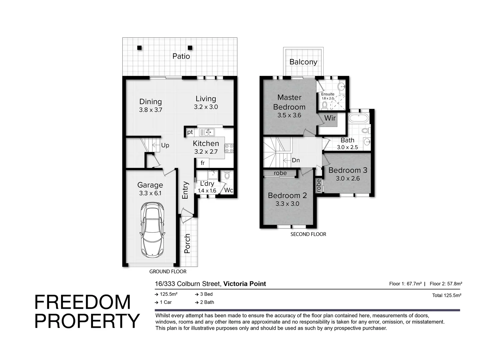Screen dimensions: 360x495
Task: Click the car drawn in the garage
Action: coord(152,230)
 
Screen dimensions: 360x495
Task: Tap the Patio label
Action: coord(181,56)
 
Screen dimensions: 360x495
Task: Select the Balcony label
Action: coord(303,62)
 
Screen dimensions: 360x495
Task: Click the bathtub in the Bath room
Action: coord(358,118)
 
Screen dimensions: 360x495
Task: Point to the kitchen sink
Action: coord(207,132)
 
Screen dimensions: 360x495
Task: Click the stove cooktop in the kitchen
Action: coord(229,148)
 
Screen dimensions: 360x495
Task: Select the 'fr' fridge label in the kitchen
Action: coord(202,163)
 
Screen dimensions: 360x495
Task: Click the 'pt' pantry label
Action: coord(190,132)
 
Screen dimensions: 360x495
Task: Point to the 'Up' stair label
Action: coord(165,145)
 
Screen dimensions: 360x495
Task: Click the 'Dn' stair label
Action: coord(296,160)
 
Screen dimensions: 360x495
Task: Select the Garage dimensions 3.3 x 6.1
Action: coord(150,193)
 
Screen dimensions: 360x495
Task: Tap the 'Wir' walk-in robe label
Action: coord(330,118)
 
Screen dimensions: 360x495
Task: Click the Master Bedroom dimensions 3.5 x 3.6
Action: coord(289,115)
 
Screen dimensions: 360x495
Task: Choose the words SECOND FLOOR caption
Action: coord(308,234)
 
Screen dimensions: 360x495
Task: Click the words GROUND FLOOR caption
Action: coord(168,272)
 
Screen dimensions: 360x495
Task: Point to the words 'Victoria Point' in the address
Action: coord(245,284)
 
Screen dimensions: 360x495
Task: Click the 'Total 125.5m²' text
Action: coord(446,295)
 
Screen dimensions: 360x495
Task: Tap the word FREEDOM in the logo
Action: coord(82,302)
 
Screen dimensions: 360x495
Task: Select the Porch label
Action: coord(187,243)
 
